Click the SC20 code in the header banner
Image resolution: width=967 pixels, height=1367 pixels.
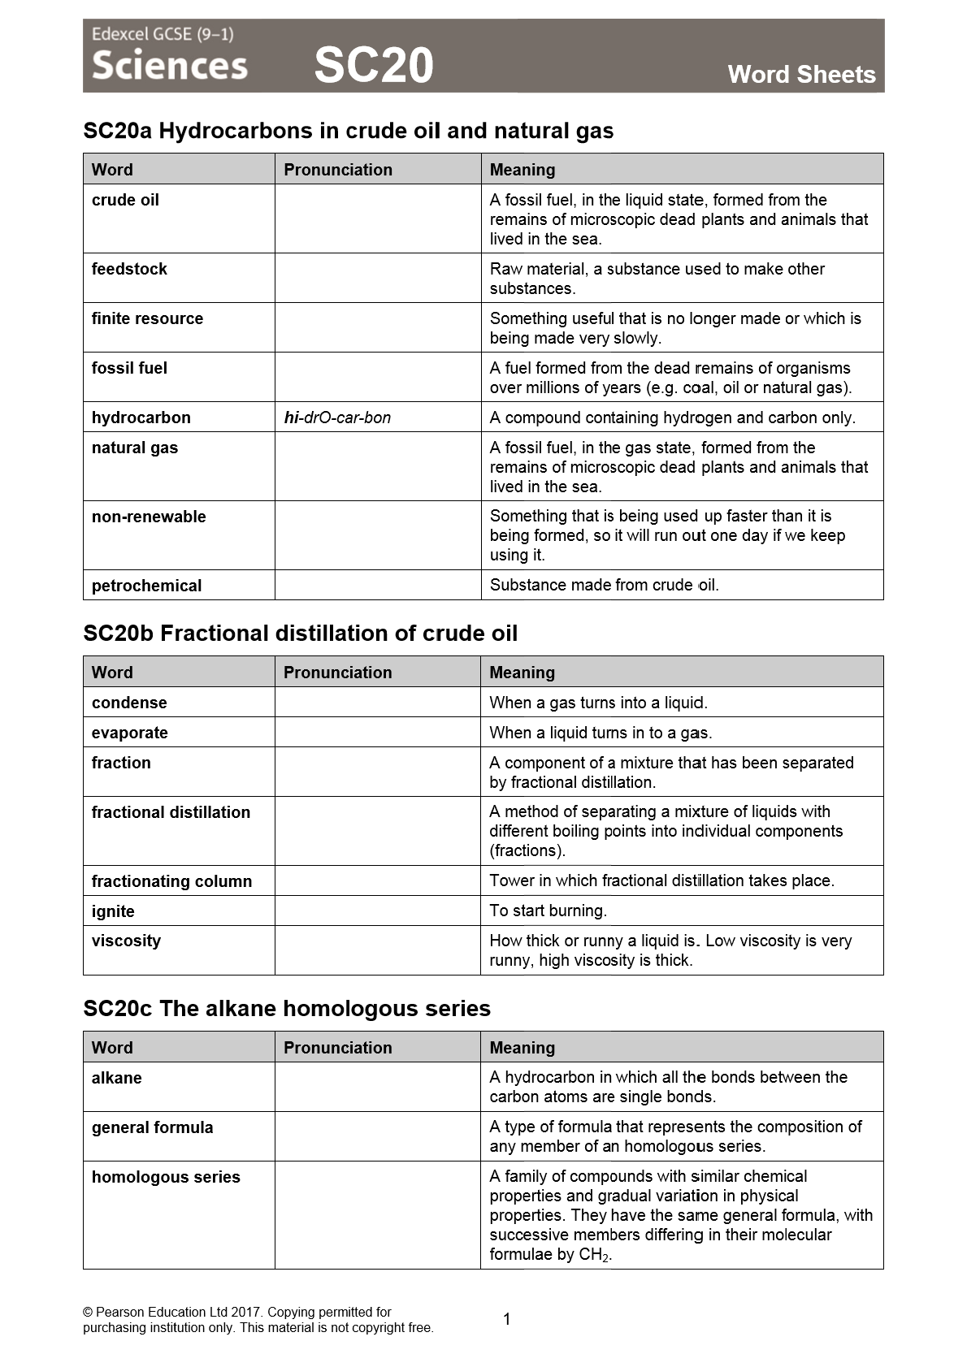coord(374,65)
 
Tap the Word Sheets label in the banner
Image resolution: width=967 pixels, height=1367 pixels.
coord(801,75)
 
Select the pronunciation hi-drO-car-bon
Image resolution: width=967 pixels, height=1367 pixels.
coord(337,417)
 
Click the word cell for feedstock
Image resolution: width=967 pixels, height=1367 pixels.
coord(129,269)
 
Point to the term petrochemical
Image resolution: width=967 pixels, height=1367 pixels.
coord(146,586)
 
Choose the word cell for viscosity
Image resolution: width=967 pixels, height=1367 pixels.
coord(126,941)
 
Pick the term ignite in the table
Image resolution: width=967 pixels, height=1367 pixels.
coord(113,911)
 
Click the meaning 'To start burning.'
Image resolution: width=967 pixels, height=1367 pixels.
coord(548,911)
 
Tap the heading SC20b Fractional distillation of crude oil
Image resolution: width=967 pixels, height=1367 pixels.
coord(300,634)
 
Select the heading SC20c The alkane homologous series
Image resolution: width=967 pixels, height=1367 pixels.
coord(287,1009)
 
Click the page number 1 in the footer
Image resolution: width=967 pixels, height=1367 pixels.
coord(507,1319)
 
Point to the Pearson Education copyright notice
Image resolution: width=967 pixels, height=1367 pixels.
coord(258,1320)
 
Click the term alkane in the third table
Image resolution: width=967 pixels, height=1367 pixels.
coord(116,1078)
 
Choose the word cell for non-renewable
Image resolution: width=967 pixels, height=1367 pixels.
coord(149,517)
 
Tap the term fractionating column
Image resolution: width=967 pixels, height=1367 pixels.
coord(171,881)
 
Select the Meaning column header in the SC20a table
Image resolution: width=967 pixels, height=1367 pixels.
coord(523,170)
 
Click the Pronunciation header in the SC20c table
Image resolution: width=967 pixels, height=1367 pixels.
coord(337,1048)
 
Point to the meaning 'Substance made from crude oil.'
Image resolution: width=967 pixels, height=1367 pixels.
coord(604,585)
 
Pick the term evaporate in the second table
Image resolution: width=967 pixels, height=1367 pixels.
coord(129,733)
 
